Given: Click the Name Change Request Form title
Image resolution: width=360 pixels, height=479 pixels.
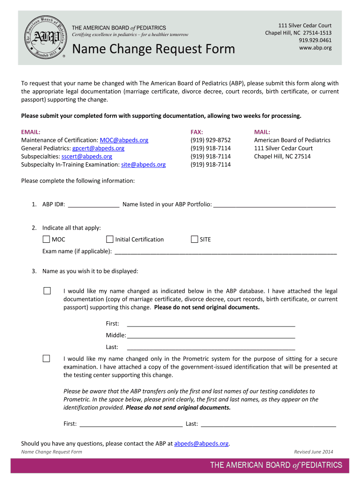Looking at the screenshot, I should point(153,49).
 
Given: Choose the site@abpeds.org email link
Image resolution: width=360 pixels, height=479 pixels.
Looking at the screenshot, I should point(143,165).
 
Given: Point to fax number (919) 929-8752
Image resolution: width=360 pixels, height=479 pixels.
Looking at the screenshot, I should point(210,140).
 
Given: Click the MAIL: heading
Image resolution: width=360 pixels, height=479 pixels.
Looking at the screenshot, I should point(262,132).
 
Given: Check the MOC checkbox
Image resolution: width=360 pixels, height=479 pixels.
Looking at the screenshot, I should point(46,239).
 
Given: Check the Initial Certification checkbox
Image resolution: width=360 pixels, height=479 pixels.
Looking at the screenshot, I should point(110,239).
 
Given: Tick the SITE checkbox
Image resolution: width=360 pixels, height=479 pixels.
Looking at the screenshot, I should point(194,239).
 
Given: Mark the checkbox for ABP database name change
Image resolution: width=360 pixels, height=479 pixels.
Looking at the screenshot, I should point(47,291).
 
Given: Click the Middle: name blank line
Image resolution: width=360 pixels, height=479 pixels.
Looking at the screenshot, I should point(211,335).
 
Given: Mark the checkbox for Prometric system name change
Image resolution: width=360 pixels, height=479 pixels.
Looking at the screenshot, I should point(47,359).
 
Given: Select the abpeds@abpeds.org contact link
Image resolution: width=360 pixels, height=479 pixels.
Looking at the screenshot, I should point(201,443).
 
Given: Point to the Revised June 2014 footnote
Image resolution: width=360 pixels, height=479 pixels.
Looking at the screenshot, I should point(313,452).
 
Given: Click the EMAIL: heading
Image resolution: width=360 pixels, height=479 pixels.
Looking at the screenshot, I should point(31,132).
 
